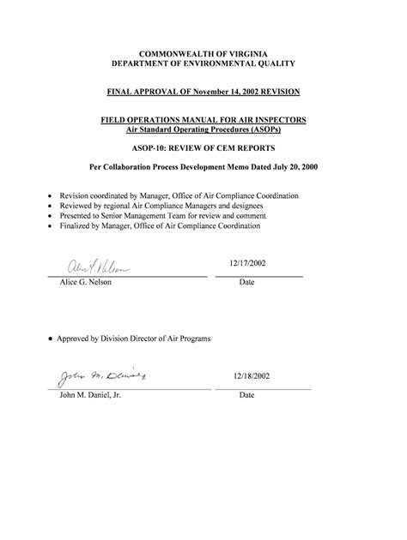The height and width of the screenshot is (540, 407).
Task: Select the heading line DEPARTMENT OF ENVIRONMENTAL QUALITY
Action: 203,64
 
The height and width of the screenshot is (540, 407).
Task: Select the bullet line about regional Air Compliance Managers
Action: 161,207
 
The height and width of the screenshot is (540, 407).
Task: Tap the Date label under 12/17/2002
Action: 247,283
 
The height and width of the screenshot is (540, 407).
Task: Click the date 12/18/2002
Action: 251,376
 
